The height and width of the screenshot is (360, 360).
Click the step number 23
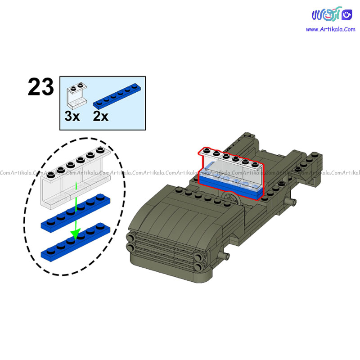click(x=41, y=87)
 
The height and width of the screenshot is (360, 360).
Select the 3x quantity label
click(x=72, y=116)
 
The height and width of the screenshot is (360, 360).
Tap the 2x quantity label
click(x=100, y=116)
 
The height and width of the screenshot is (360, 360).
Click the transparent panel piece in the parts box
click(x=77, y=95)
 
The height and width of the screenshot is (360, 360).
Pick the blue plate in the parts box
click(x=117, y=96)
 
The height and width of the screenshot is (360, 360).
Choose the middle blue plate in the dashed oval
click(x=76, y=213)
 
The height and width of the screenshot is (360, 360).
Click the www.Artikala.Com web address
click(x=330, y=29)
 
